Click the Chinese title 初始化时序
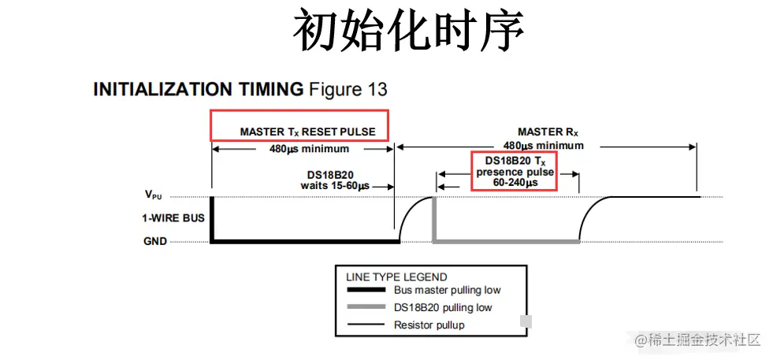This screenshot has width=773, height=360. [x=409, y=32]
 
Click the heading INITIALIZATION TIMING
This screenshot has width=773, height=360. [x=198, y=89]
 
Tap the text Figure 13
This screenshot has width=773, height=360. [x=347, y=89]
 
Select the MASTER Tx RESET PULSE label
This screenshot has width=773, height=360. [x=307, y=131]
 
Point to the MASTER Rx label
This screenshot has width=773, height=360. [x=544, y=132]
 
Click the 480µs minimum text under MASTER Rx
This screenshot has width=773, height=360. [x=544, y=146]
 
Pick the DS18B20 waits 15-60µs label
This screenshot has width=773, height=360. [x=335, y=180]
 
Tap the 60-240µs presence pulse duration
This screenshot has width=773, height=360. [x=514, y=183]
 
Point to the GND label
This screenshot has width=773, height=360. [x=155, y=241]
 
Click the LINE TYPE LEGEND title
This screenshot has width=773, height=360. [x=396, y=277]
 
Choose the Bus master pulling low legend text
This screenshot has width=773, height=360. [x=447, y=290]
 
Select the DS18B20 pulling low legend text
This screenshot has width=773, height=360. [x=443, y=307]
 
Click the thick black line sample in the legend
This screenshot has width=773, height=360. [x=366, y=291]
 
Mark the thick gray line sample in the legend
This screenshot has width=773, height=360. [x=366, y=308]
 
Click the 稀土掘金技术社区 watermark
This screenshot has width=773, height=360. [x=697, y=340]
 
